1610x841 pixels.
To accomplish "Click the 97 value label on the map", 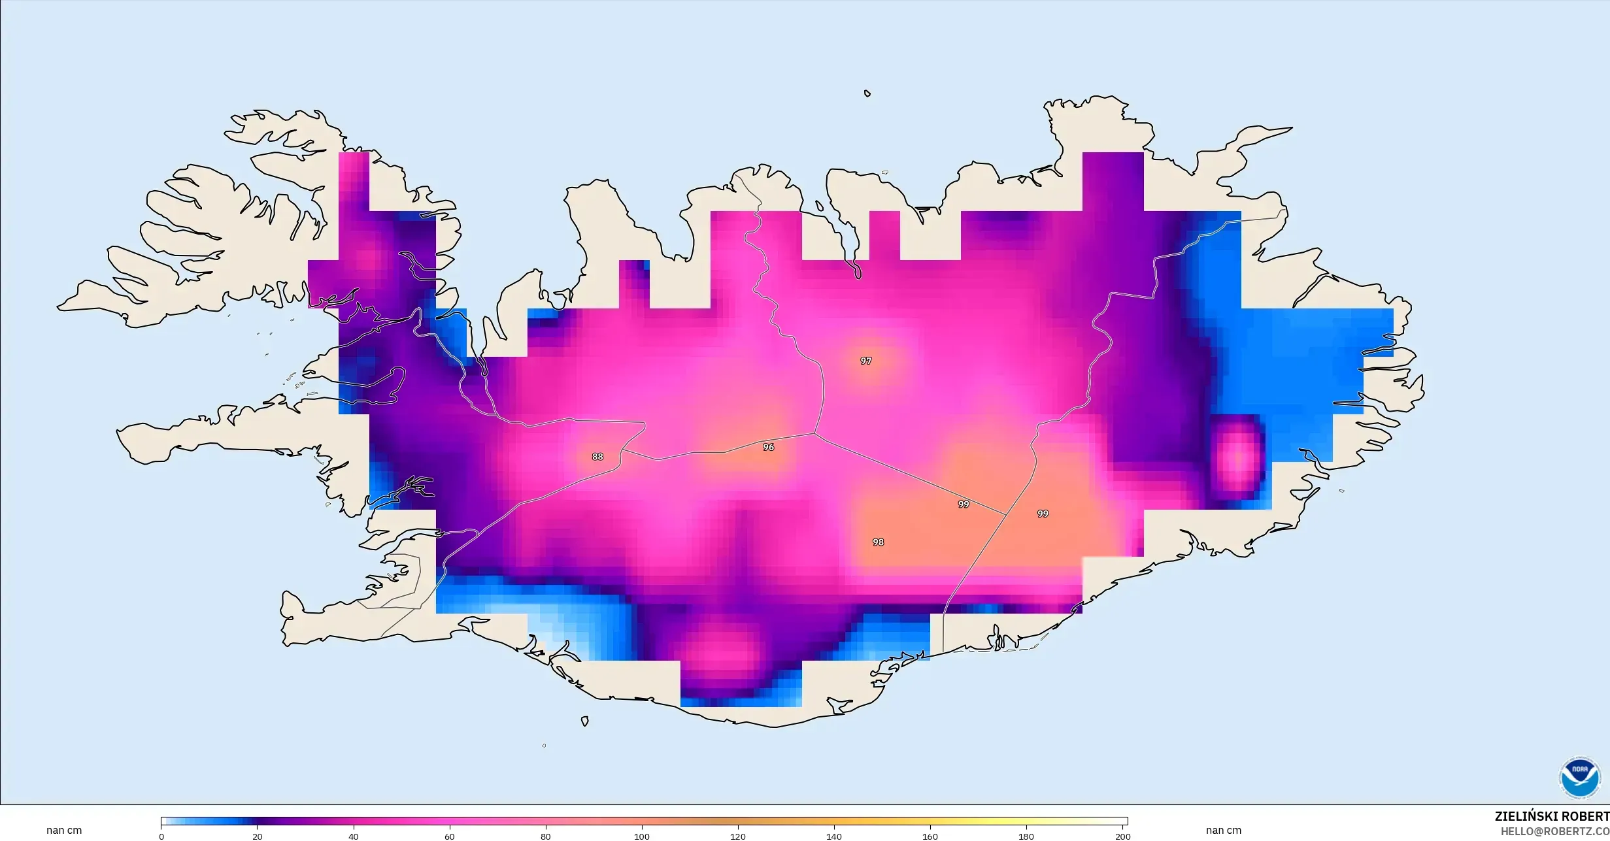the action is pyautogui.click(x=865, y=361).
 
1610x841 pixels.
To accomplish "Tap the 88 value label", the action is pyautogui.click(x=597, y=457).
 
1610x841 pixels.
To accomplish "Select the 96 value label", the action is pyautogui.click(x=768, y=447).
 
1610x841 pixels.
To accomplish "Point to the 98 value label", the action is pyautogui.click(x=878, y=542).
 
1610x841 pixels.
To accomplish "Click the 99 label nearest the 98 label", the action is pyautogui.click(x=963, y=504).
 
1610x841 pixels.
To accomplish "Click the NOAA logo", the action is pyautogui.click(x=1579, y=778).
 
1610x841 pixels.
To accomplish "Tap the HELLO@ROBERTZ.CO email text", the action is pyautogui.click(x=1554, y=831).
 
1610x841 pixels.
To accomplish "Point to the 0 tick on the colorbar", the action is pyautogui.click(x=161, y=836).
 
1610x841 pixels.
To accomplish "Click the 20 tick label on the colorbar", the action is pyautogui.click(x=258, y=836).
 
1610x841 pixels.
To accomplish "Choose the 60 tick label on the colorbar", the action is pyautogui.click(x=450, y=836).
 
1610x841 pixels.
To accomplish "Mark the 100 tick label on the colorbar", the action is pyautogui.click(x=642, y=836).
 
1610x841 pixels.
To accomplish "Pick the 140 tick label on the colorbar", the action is pyautogui.click(x=834, y=836).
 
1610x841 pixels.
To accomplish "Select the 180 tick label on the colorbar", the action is pyautogui.click(x=1026, y=836).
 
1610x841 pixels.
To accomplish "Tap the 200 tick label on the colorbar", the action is pyautogui.click(x=1122, y=836).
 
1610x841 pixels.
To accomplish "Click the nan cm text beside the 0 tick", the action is pyautogui.click(x=64, y=831).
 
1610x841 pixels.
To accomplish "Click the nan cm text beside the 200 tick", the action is pyautogui.click(x=1224, y=831).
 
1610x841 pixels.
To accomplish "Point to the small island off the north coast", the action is pyautogui.click(x=867, y=93).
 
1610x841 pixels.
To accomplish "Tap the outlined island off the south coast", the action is pyautogui.click(x=584, y=721).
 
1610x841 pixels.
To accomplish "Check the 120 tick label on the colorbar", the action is pyautogui.click(x=738, y=836).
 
